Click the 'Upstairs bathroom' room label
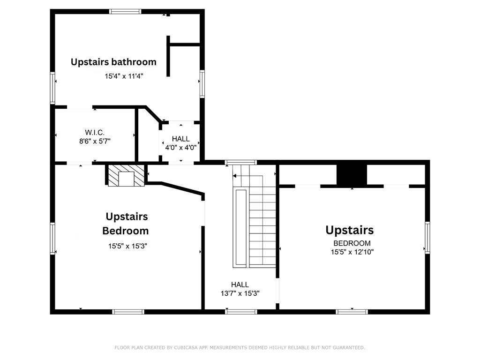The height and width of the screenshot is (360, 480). [x=113, y=62]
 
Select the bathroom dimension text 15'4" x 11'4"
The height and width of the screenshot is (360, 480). [x=124, y=75]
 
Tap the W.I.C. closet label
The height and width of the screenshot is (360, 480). [x=95, y=133]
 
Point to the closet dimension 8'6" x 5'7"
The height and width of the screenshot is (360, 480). [x=95, y=141]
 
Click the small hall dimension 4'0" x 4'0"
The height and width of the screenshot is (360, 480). [x=180, y=147]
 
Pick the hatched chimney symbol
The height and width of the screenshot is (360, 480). [x=126, y=175]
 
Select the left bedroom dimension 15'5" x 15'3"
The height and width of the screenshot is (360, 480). [x=127, y=246]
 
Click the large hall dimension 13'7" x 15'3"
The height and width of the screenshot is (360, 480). [x=240, y=293]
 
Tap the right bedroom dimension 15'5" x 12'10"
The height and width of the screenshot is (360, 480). [x=352, y=252]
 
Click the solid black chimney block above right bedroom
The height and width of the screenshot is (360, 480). [x=352, y=175]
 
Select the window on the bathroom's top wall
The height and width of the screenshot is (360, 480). [x=125, y=12]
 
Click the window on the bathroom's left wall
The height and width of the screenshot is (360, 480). [x=52, y=87]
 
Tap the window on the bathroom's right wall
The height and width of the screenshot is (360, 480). [x=202, y=83]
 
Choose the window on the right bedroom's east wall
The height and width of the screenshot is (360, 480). [x=427, y=237]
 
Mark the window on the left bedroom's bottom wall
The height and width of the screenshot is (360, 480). [x=128, y=311]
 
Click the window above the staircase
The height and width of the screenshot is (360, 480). [x=240, y=163]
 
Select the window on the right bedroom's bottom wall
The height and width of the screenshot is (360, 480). [x=352, y=311]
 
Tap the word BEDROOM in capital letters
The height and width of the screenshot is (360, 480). [x=352, y=243]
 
